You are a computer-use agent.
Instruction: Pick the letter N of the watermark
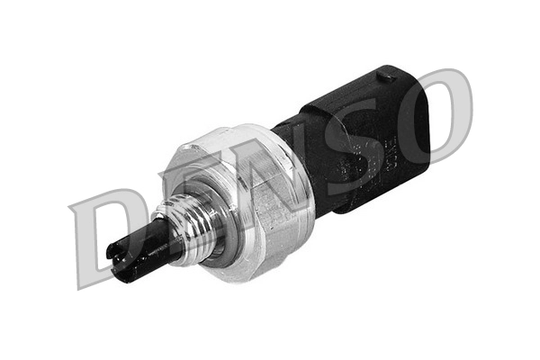pos(270,166)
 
